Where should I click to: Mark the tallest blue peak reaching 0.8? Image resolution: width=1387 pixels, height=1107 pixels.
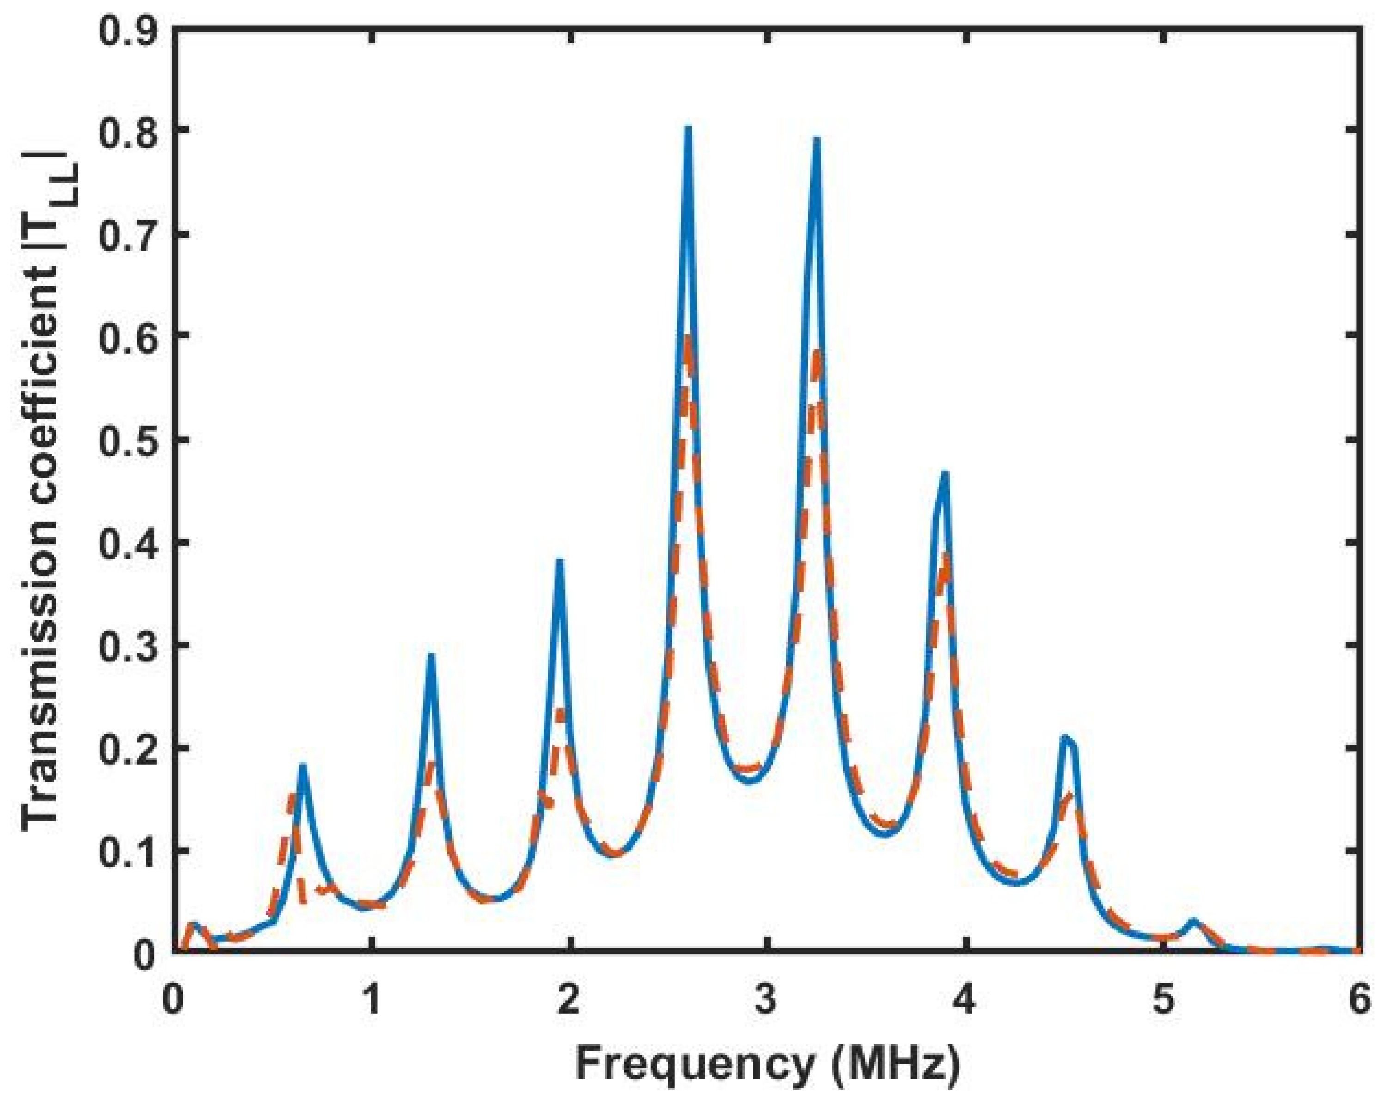coord(688,128)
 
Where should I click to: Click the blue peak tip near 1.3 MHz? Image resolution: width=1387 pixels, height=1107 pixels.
coord(431,656)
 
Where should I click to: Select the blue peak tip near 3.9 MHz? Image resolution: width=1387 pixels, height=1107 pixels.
coord(944,475)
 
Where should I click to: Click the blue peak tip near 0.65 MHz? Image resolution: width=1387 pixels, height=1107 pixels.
coord(302,766)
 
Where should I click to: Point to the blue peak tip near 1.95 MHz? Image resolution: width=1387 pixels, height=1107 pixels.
coord(559,562)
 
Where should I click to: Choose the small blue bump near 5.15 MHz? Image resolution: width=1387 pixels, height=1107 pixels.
coord(1194,921)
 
